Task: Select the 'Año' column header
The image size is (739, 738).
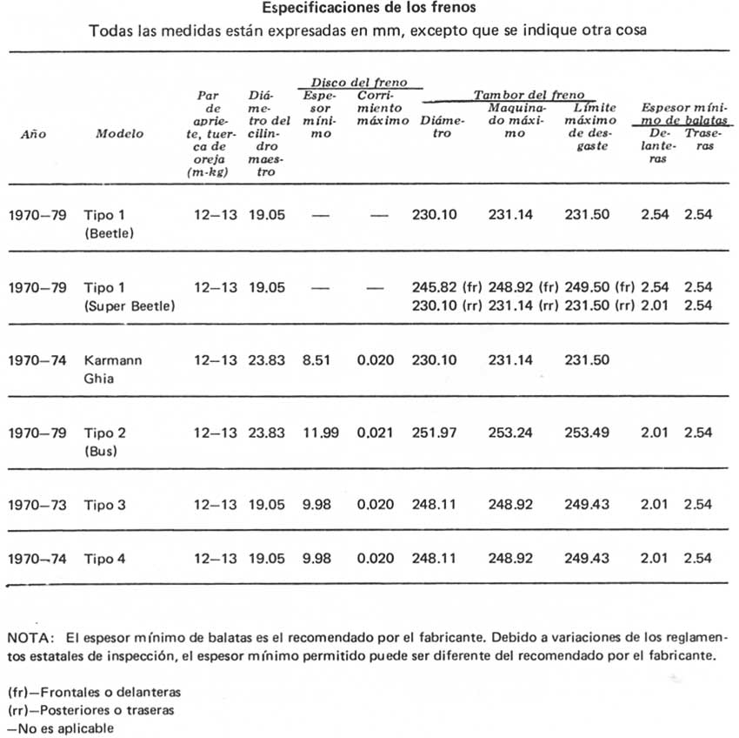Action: (x=33, y=135)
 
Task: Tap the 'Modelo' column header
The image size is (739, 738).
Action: (x=119, y=135)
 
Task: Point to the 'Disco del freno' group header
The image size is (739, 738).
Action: (x=360, y=84)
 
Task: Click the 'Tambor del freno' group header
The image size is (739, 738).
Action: (x=529, y=95)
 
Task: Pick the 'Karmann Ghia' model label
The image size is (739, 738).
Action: (x=113, y=368)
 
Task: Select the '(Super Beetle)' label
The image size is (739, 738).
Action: (x=130, y=306)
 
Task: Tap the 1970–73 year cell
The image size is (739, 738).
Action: (x=37, y=504)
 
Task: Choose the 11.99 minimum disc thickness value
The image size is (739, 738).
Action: (x=316, y=432)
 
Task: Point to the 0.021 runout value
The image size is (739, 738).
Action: (x=377, y=432)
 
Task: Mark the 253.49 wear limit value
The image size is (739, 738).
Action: (x=587, y=432)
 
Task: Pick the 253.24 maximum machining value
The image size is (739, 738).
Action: (x=510, y=432)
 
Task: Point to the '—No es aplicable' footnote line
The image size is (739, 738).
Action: (x=60, y=728)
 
